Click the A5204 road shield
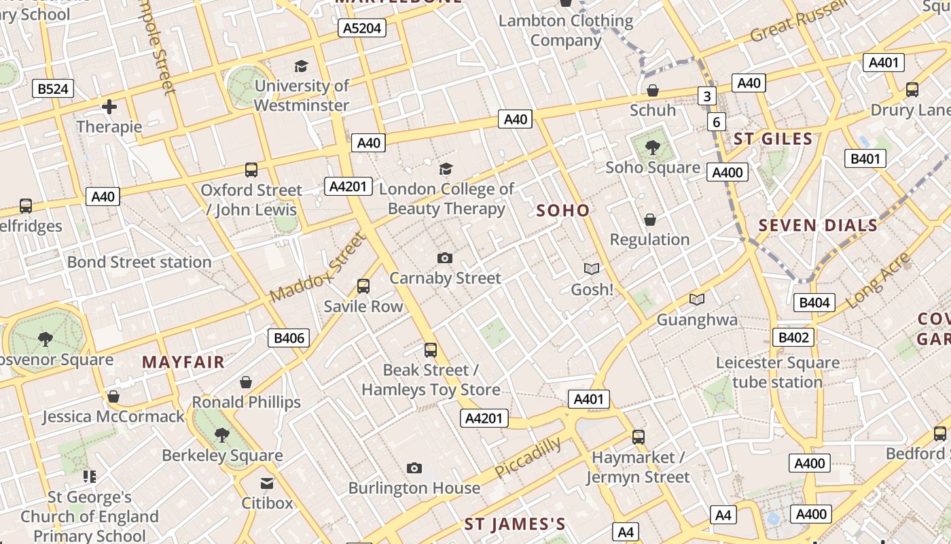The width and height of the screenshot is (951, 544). pos(362,28)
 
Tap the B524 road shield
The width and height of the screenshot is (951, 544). pos(53,88)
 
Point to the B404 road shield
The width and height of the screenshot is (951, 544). pos(814,303)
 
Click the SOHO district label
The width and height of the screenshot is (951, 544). pos(563,211)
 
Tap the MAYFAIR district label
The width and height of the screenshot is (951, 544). pos(183,362)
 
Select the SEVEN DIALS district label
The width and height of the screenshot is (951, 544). pos(818,226)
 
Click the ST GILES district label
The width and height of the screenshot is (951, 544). pos(773,139)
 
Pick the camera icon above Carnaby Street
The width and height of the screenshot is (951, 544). pos(445,258)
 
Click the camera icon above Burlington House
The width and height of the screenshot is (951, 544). pos(414,468)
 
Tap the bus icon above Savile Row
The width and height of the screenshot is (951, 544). pos(363,286)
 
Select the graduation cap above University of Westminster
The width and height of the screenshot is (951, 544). pos(301,66)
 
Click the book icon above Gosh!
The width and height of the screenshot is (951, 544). pos(592,269)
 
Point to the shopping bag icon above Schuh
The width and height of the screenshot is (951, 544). pos(653,90)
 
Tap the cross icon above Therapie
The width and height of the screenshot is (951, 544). pos(109,107)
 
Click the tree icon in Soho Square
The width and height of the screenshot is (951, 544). pos(652,147)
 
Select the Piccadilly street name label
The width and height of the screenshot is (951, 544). pos(528,458)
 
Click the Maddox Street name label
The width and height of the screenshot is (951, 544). pos(318,268)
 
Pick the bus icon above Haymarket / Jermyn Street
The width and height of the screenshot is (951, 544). pos(638,437)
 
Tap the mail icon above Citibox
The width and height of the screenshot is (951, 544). pos(267,483)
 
